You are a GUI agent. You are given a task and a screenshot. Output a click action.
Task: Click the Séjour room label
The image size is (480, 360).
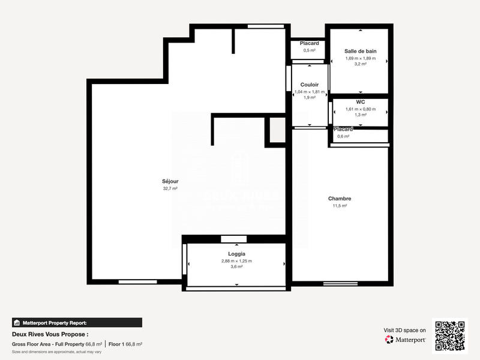[x=170, y=181]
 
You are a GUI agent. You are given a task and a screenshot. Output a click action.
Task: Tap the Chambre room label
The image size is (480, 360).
[x=339, y=199]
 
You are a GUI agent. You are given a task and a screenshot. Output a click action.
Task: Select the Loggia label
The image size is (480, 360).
[x=236, y=254]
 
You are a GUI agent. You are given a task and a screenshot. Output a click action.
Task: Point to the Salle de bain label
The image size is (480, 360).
[x=360, y=51]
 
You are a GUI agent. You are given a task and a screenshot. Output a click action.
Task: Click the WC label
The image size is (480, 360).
[x=360, y=102]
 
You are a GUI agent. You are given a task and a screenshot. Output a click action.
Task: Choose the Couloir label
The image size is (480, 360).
[x=310, y=85]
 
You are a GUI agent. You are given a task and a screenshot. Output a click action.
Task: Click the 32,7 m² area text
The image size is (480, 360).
[x=170, y=188]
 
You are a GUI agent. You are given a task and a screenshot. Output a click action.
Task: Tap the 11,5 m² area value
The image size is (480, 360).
[x=339, y=206]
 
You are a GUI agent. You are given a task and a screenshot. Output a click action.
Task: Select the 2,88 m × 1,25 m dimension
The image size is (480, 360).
[x=236, y=261]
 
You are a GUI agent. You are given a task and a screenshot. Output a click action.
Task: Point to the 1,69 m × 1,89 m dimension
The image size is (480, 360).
[x=360, y=58]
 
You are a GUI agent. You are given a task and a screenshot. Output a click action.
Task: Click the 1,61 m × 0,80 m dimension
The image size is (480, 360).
[x=360, y=109]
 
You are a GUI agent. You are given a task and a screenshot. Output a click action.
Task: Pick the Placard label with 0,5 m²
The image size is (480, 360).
[x=310, y=43]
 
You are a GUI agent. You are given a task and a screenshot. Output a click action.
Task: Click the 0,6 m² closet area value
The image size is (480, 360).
[x=343, y=136]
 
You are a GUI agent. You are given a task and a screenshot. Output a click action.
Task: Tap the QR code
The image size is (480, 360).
[x=450, y=335]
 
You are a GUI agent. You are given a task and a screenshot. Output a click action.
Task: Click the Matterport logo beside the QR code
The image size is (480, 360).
[x=405, y=340]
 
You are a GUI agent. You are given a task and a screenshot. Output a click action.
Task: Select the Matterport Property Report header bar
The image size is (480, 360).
[x=77, y=322]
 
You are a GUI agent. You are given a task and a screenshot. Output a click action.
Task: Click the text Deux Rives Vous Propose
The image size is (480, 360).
[x=50, y=334]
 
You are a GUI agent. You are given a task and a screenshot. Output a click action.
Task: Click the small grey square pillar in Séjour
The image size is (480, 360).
[x=277, y=130]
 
